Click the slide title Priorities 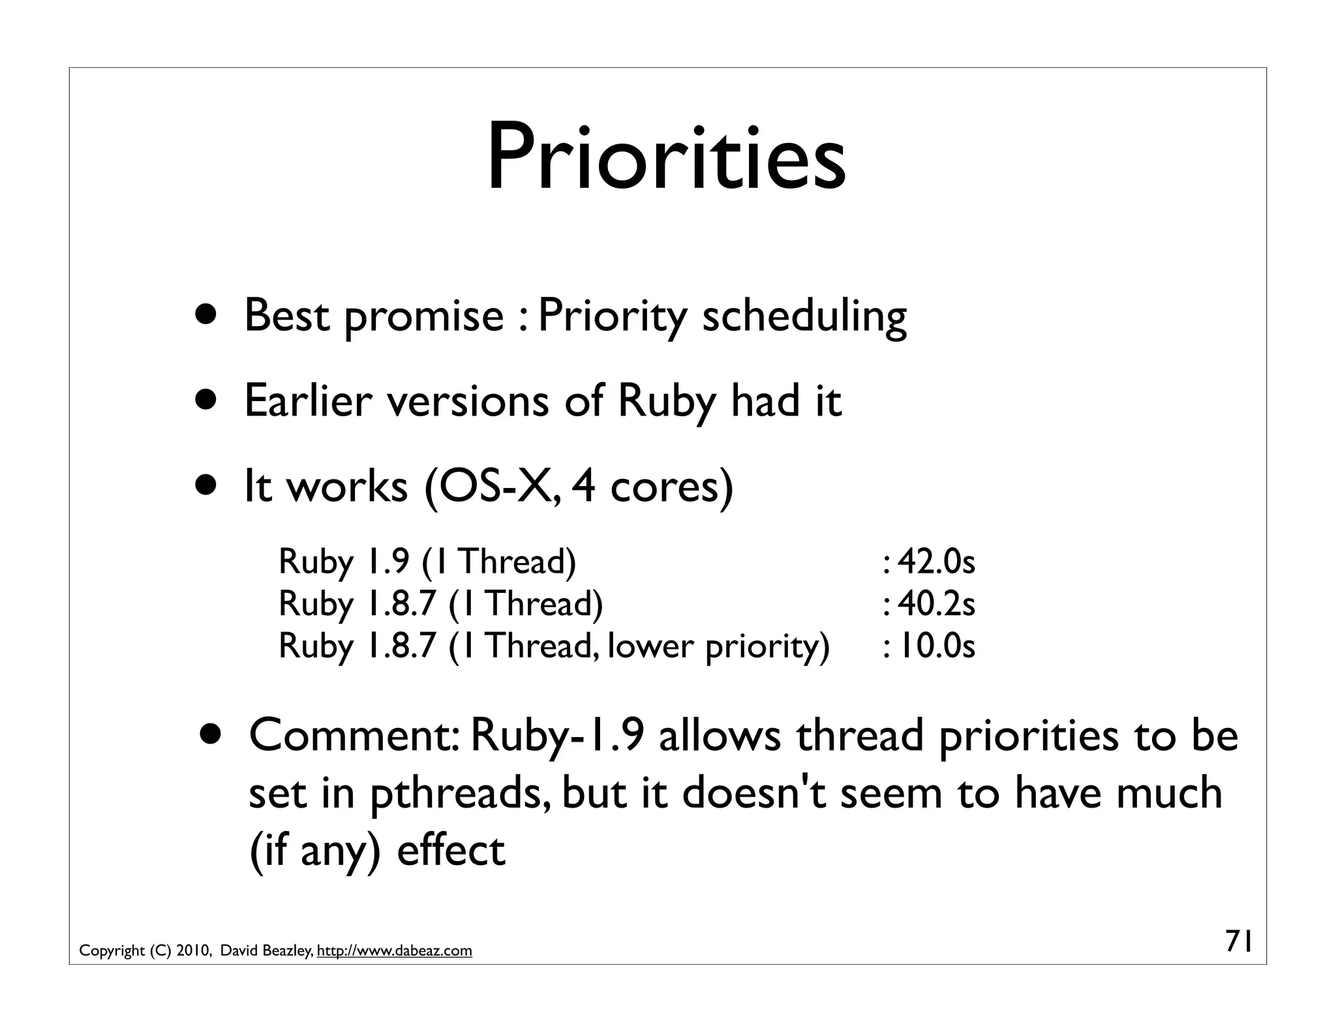point(666,159)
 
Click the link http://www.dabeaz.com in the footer point(394,951)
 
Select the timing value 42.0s point(935,562)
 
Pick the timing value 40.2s point(935,603)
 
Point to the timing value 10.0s point(935,646)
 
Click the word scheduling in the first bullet point(804,316)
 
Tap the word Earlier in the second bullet point(308,401)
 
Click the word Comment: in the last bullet point(356,735)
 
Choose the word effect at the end point(451,851)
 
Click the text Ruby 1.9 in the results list point(344,562)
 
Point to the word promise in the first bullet point(423,316)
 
